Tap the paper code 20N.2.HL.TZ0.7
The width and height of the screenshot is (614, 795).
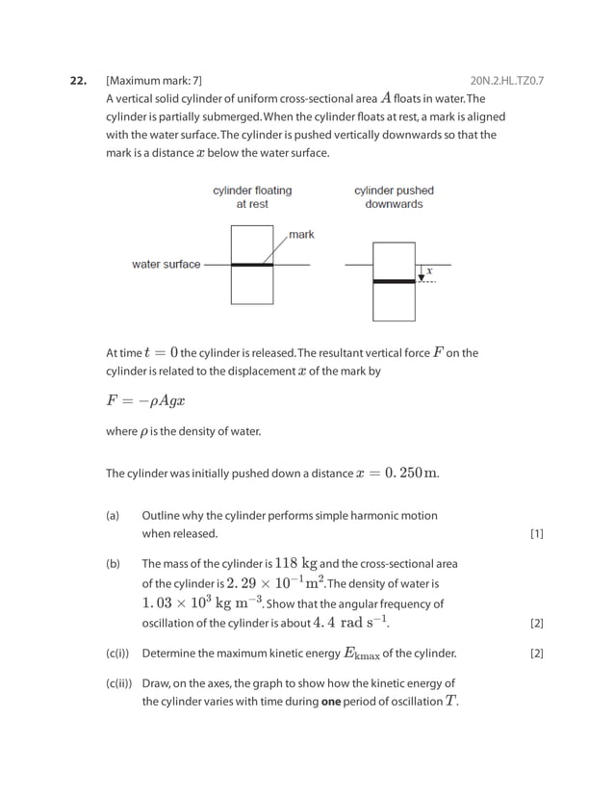point(506,80)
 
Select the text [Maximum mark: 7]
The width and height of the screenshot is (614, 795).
point(154,80)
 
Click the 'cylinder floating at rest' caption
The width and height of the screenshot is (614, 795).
point(252,197)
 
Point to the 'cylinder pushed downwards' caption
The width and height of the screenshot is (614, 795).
point(394,197)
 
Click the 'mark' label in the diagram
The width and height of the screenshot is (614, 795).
point(301,234)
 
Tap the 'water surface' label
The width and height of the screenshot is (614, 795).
point(166,264)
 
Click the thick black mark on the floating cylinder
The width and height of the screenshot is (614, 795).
point(252,264)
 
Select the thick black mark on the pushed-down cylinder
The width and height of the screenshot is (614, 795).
point(394,281)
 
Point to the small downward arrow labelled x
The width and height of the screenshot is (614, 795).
point(422,273)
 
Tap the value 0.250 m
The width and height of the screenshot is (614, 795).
point(411,473)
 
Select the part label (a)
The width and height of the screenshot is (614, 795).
point(113,516)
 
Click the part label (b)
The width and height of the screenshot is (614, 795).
point(113,564)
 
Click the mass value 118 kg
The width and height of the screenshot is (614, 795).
point(296,563)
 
